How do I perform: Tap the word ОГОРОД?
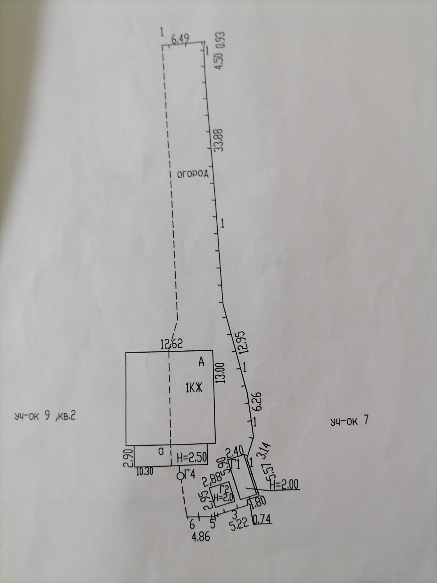(x=193, y=174)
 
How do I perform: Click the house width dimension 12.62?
(x=172, y=345)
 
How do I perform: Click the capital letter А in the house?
(x=201, y=362)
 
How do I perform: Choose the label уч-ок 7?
(x=349, y=421)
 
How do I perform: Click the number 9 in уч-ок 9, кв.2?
(x=46, y=416)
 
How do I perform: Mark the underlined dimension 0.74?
(x=263, y=519)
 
